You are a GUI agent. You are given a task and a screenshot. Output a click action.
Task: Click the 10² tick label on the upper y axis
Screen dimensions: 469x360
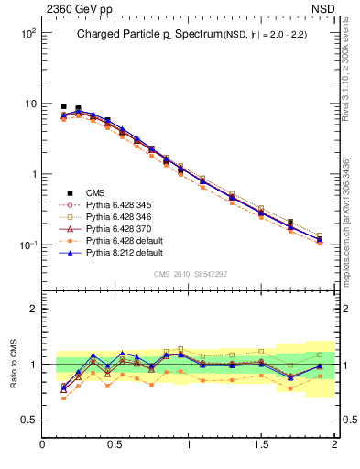pos(27,33)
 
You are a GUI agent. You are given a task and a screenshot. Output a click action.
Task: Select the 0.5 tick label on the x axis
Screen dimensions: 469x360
pos(115,445)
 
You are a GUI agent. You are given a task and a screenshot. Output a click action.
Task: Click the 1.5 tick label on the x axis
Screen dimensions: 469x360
pos(261,445)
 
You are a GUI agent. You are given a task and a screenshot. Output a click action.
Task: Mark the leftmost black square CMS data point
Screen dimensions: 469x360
pos(63,106)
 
